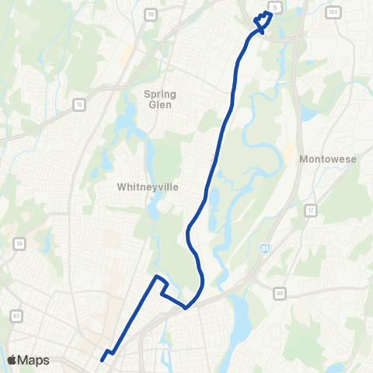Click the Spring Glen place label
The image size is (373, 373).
(x=161, y=99)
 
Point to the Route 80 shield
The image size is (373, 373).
(x=279, y=294)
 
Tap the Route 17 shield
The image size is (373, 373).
(x=311, y=210)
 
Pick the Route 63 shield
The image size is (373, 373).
(x=16, y=315)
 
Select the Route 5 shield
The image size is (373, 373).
(x=274, y=7)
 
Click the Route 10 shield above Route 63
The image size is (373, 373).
(x=19, y=244)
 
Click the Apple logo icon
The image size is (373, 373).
(x=12, y=360)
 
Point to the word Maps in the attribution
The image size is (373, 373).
(x=33, y=360)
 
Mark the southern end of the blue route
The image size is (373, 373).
(x=102, y=359)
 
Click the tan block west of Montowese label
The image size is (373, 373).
(x=290, y=153)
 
